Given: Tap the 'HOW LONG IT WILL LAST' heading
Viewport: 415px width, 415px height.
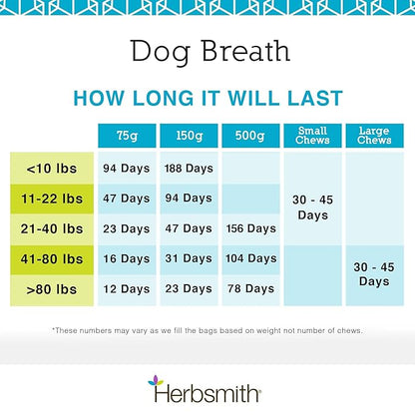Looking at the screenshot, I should point(207,98).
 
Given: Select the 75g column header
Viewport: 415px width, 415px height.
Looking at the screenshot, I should point(126,135).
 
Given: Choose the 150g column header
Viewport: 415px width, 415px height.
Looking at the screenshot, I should point(188,135).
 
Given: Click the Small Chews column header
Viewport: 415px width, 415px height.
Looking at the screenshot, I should point(312,135).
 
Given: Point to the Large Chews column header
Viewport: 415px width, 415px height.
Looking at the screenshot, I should point(374,135).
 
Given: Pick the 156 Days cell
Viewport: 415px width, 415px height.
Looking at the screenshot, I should point(248,228).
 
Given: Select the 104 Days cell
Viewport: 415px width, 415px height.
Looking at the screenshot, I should point(248,258).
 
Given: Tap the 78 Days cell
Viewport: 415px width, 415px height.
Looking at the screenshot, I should point(248,289).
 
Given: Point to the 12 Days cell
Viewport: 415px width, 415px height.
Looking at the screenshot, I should point(126,289).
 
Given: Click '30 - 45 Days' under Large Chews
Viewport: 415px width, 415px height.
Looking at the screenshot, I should point(374,274).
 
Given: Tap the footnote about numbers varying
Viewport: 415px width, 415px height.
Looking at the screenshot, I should point(207,330).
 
